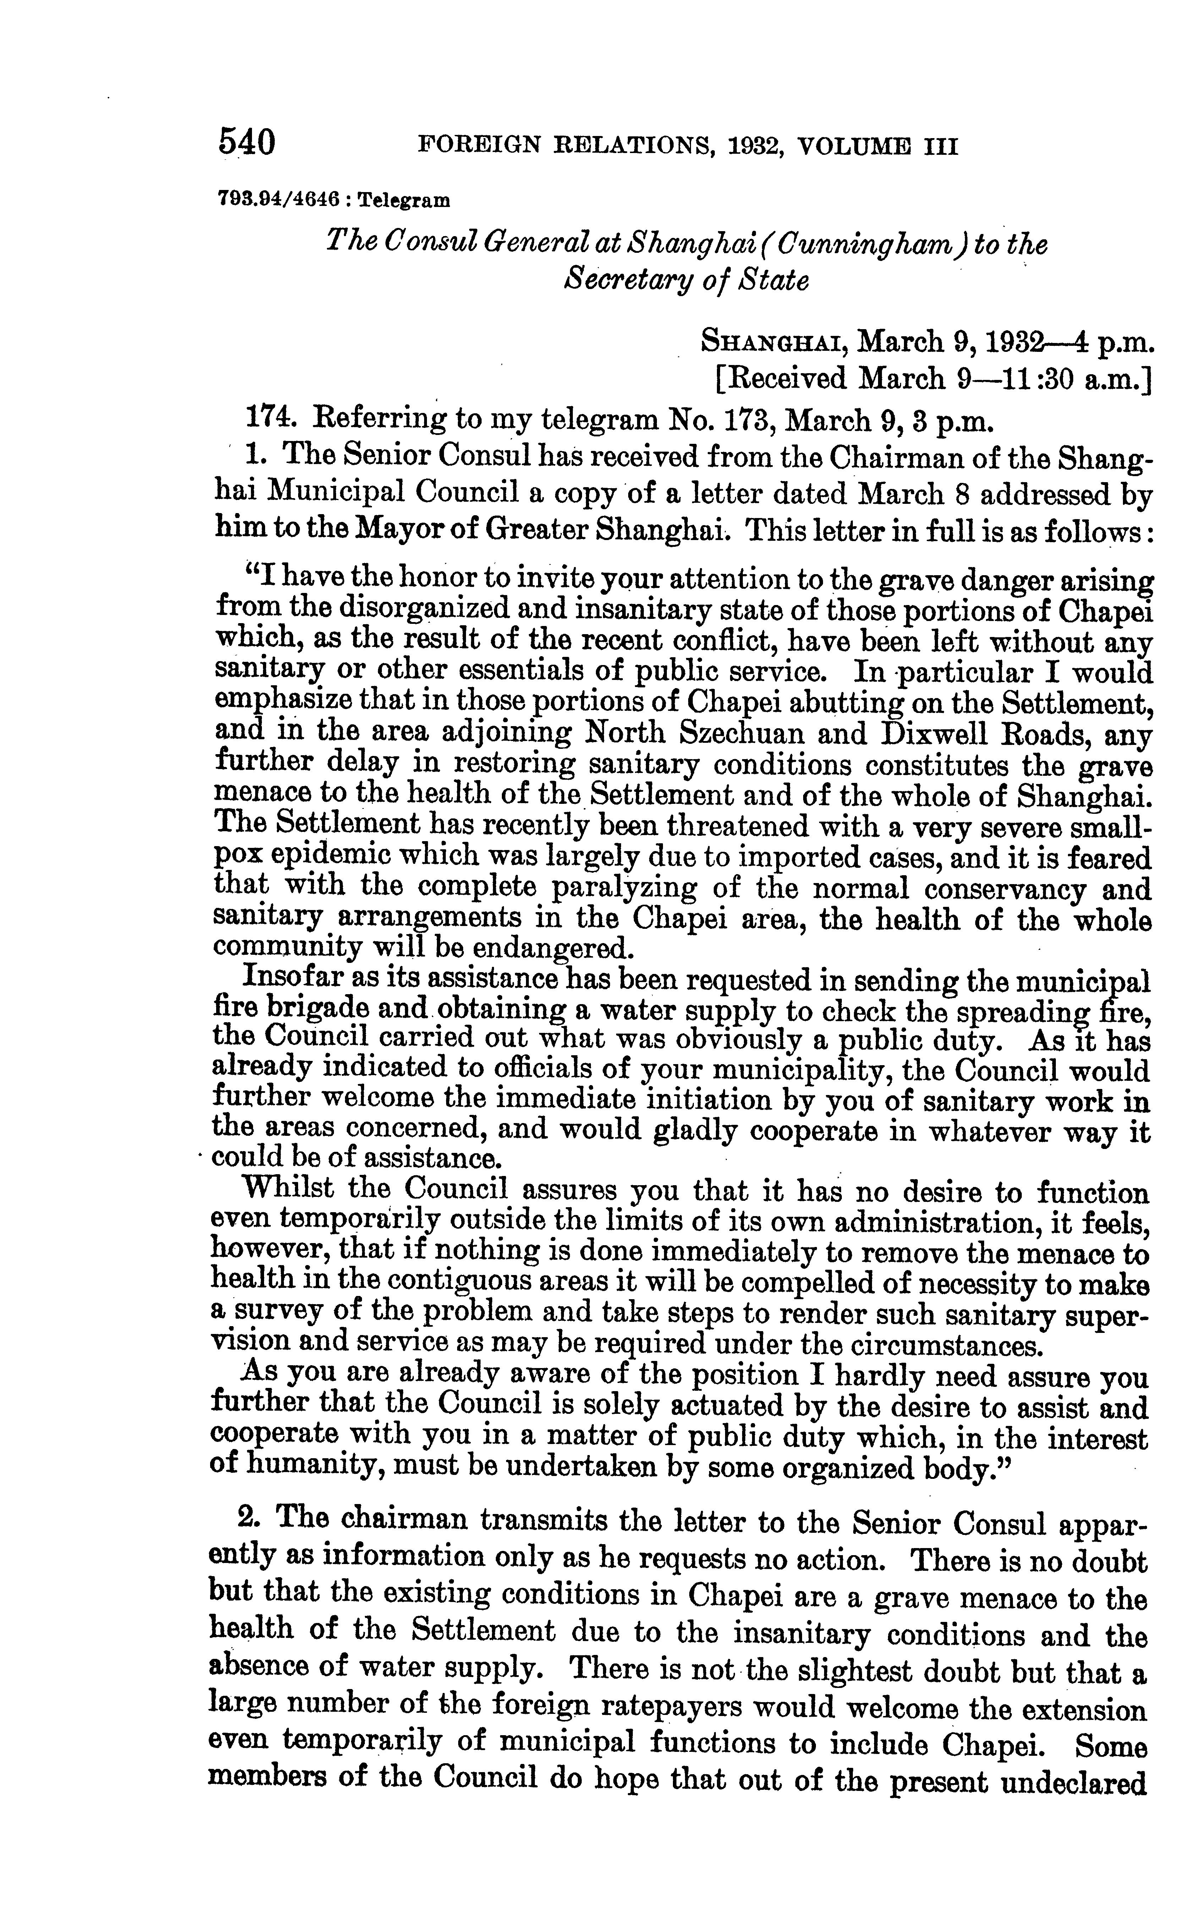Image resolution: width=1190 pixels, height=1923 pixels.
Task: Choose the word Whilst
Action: point(288,1189)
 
